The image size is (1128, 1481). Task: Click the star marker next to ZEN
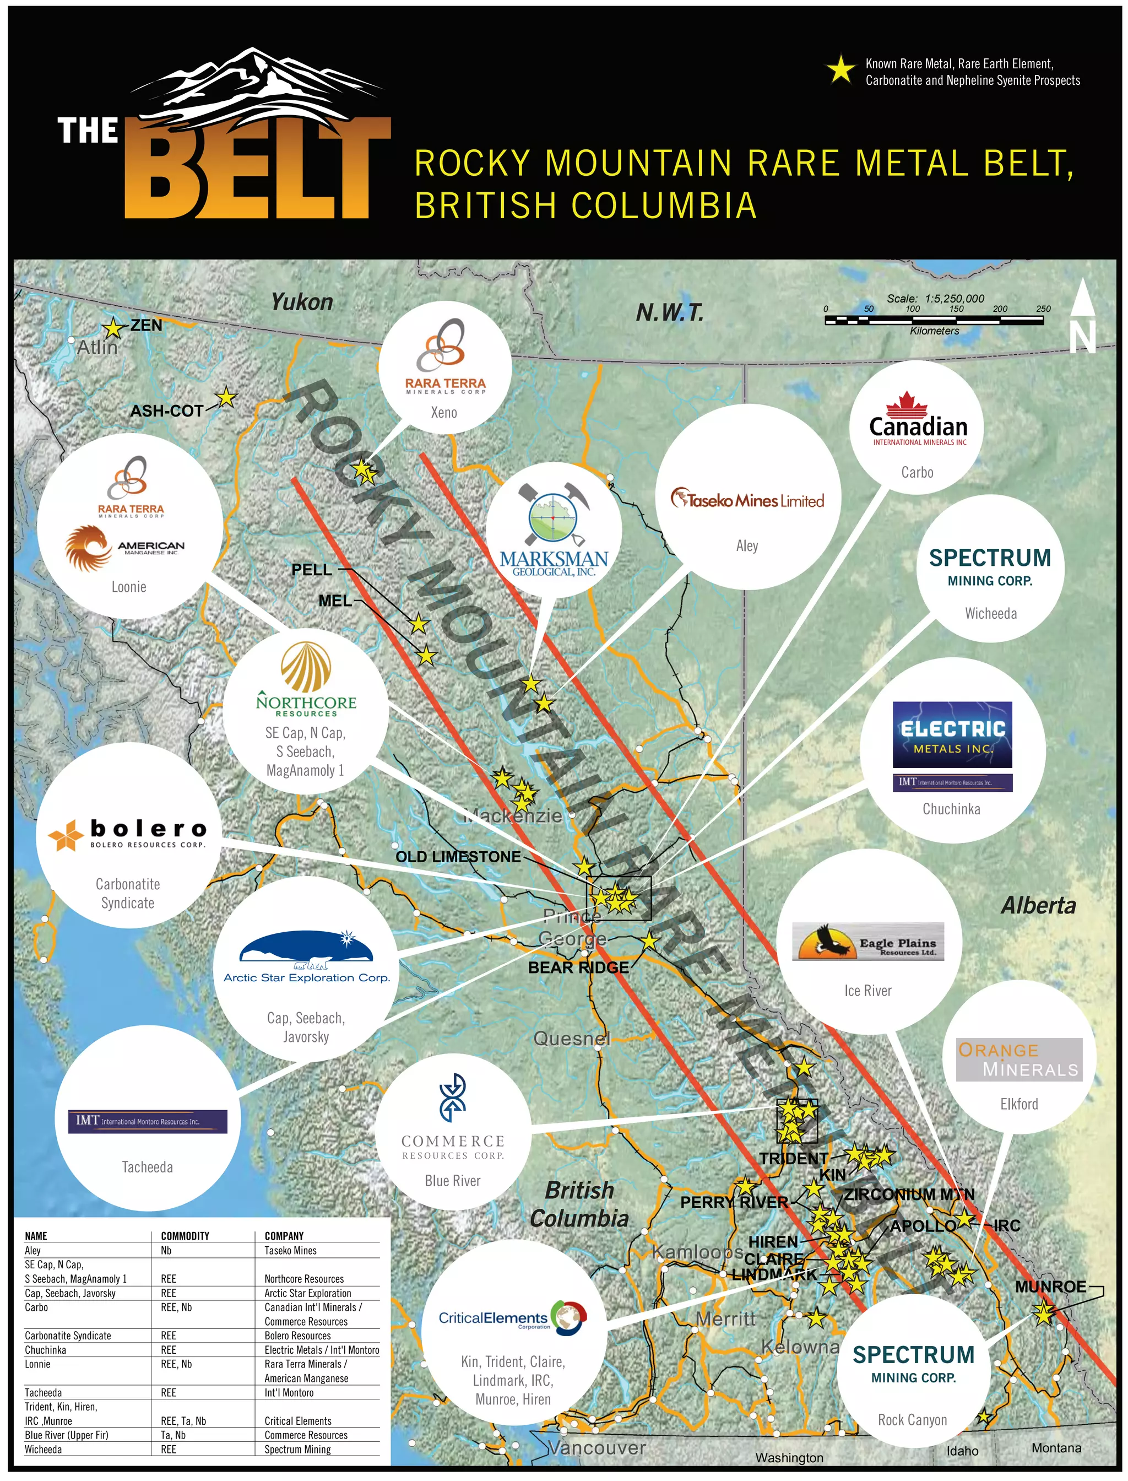tap(113, 328)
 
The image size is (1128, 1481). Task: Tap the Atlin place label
tap(97, 347)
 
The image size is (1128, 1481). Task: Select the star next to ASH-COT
tap(227, 398)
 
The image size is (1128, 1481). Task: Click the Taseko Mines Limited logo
tap(747, 500)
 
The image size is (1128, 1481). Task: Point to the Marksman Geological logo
tap(554, 531)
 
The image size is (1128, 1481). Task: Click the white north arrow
tap(1082, 317)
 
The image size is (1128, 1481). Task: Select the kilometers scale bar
tap(934, 320)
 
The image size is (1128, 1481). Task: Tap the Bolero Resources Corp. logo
tap(128, 834)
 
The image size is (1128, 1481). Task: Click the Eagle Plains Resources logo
tap(867, 941)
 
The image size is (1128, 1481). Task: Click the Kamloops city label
tap(697, 1251)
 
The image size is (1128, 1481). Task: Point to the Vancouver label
tap(597, 1447)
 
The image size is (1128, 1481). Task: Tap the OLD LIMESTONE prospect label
tap(458, 856)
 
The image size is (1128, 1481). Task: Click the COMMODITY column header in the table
tap(185, 1236)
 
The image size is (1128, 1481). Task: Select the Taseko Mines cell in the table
tap(290, 1250)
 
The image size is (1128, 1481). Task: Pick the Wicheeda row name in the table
tap(43, 1448)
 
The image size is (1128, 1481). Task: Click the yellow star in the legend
tap(840, 70)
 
